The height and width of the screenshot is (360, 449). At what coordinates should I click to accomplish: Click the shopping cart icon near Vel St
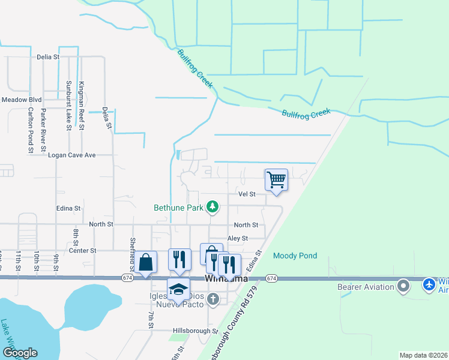pos(276,179)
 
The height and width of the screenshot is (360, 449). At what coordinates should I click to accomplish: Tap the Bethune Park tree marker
pos(212,208)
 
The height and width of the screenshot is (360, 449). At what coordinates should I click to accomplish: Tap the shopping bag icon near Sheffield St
pos(146,262)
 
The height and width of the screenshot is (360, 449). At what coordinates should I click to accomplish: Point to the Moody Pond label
pos(295,256)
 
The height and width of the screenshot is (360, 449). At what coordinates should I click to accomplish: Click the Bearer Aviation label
pos(364,287)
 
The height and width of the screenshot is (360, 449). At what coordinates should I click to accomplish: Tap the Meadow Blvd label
pos(21,100)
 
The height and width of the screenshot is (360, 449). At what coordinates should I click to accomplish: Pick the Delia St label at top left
pos(48,57)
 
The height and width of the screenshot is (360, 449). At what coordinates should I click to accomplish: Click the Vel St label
pos(247,194)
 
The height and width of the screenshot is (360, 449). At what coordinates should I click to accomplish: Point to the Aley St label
pos(238,238)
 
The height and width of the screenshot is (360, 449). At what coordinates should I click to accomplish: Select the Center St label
pos(83,250)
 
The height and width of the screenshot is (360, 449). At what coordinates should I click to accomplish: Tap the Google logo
pos(19,353)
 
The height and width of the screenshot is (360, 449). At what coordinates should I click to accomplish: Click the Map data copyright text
pos(423,355)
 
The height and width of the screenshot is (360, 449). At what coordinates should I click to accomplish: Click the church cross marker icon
pos(213,299)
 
